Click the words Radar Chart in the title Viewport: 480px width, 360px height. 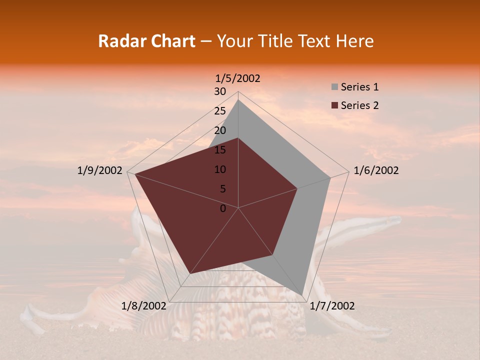pos(146,41)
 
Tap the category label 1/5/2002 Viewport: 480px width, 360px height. pos(238,78)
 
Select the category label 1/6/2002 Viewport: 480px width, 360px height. pos(376,170)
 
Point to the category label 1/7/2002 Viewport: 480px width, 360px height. pos(332,306)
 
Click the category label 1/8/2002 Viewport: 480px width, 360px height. pos(144,306)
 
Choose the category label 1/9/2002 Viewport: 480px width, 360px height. pos(100,170)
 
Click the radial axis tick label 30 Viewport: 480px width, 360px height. pos(220,91)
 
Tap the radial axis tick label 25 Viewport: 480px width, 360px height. pos(220,111)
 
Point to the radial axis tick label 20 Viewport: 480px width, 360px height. pos(220,130)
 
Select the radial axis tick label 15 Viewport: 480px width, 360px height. pos(220,150)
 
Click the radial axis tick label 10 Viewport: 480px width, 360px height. pos(220,169)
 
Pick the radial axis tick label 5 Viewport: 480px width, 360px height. pos(222,189)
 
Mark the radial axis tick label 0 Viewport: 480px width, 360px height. pos(222,208)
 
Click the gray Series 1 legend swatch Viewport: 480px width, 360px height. pos(334,87)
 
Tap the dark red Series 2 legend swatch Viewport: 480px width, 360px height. pos(334,105)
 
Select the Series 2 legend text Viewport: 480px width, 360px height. pos(359,105)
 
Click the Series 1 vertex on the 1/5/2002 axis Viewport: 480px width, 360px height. pos(238,99)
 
